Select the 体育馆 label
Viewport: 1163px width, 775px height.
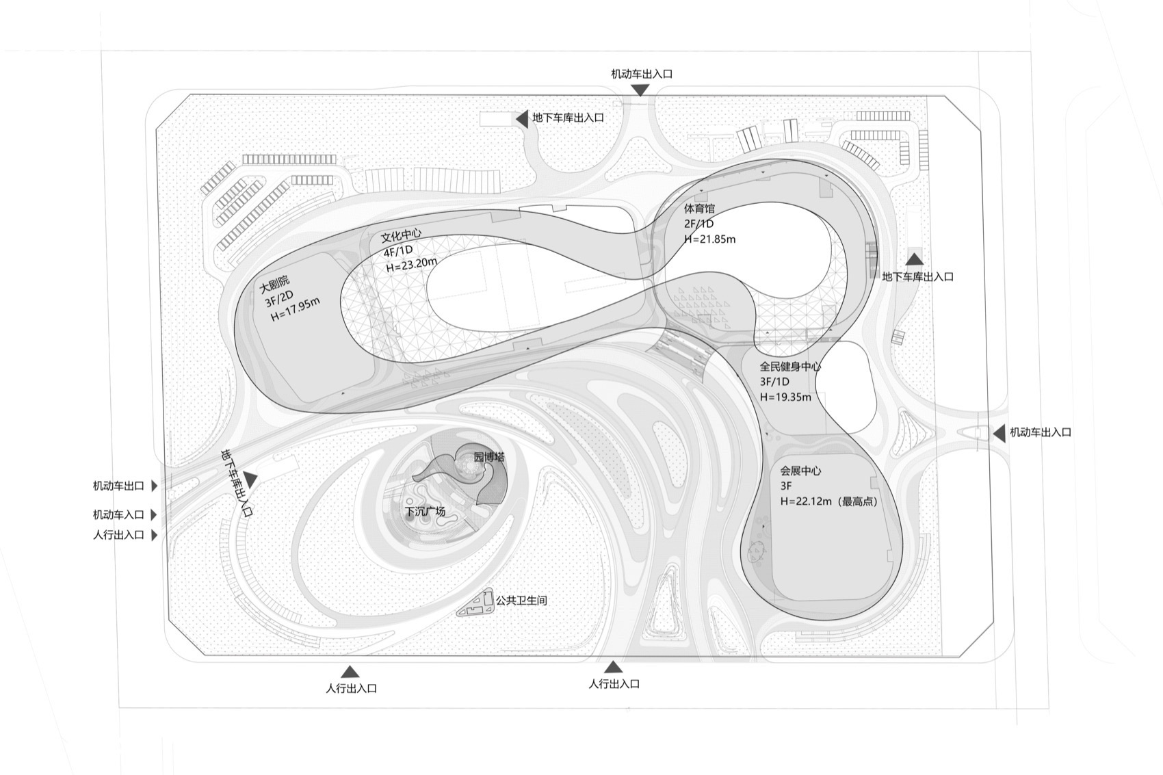[698, 208]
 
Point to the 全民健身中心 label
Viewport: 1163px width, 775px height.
[790, 366]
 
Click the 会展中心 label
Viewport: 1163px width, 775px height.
[800, 471]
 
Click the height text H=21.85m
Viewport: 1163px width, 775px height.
[710, 239]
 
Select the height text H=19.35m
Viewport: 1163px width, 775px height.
[785, 397]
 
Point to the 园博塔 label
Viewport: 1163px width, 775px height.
[488, 456]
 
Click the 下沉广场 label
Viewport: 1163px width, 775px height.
[425, 511]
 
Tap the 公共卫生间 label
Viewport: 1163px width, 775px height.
[521, 601]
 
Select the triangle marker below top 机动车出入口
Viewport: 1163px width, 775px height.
[640, 90]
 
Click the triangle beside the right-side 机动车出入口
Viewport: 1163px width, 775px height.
[998, 432]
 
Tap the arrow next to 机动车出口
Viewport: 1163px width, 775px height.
[155, 486]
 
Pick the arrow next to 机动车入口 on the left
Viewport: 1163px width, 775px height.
[155, 514]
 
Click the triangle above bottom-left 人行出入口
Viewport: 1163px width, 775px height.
[350, 672]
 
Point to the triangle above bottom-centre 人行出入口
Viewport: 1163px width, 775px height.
[613, 667]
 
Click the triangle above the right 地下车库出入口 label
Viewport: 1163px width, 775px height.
[915, 259]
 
